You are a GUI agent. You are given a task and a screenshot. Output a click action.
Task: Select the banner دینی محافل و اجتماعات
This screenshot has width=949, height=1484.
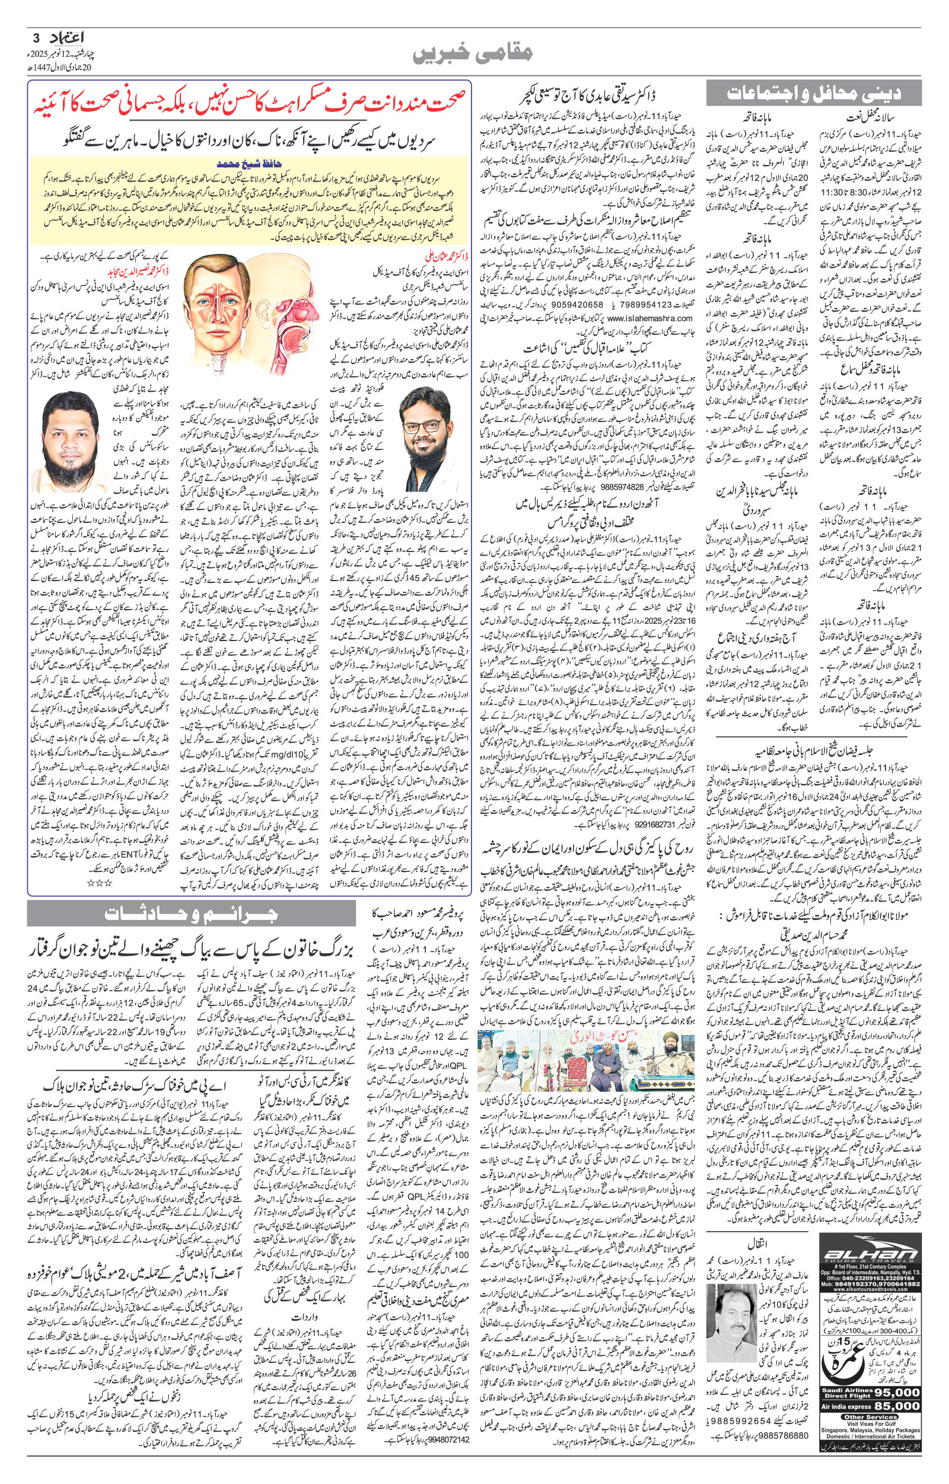[813, 94]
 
